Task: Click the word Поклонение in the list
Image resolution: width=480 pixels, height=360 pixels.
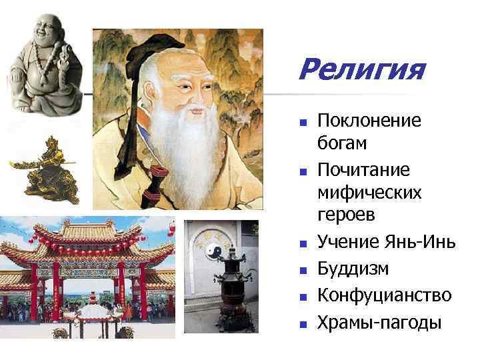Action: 369,121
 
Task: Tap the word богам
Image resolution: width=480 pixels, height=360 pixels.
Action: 343,143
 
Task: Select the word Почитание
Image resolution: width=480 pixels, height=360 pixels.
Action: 363,170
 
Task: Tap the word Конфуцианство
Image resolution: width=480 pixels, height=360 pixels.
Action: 385,295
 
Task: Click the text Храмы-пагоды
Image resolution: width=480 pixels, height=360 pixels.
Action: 379,323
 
